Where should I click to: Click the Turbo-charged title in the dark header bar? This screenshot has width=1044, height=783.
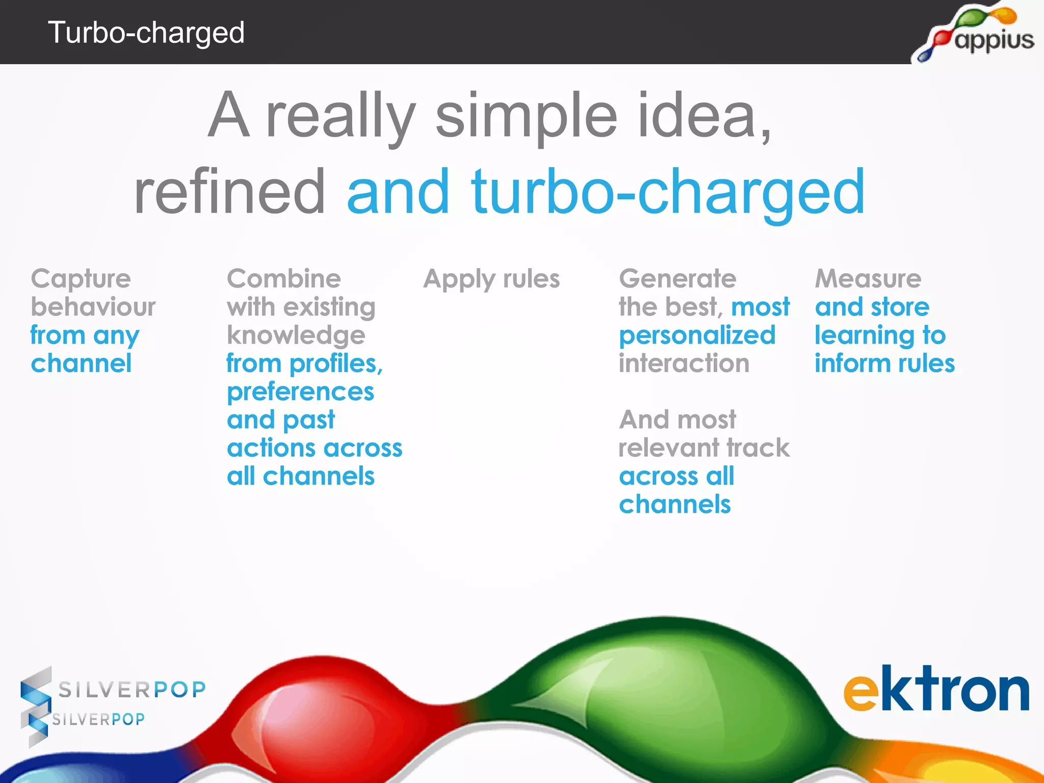coord(146,33)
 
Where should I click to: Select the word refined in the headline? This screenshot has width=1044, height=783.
coord(229,193)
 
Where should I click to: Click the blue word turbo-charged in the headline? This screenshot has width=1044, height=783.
coord(668,193)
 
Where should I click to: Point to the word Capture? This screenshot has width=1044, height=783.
coord(81,279)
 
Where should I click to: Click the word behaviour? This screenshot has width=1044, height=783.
coord(93,307)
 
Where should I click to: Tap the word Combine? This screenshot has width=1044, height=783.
coord(283,279)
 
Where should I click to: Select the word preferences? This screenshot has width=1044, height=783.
coord(300,392)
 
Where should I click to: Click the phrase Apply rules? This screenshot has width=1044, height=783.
coord(491,279)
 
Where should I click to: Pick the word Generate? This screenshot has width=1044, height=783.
coord(677,279)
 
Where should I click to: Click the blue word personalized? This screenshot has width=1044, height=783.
coord(697,336)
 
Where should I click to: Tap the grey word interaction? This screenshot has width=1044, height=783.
coord(684,363)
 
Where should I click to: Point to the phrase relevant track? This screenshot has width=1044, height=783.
coord(703,448)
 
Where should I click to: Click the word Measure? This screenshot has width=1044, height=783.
coord(868,279)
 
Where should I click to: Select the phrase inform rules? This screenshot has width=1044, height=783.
coord(884,363)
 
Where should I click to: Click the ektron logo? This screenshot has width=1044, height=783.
coord(936,689)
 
